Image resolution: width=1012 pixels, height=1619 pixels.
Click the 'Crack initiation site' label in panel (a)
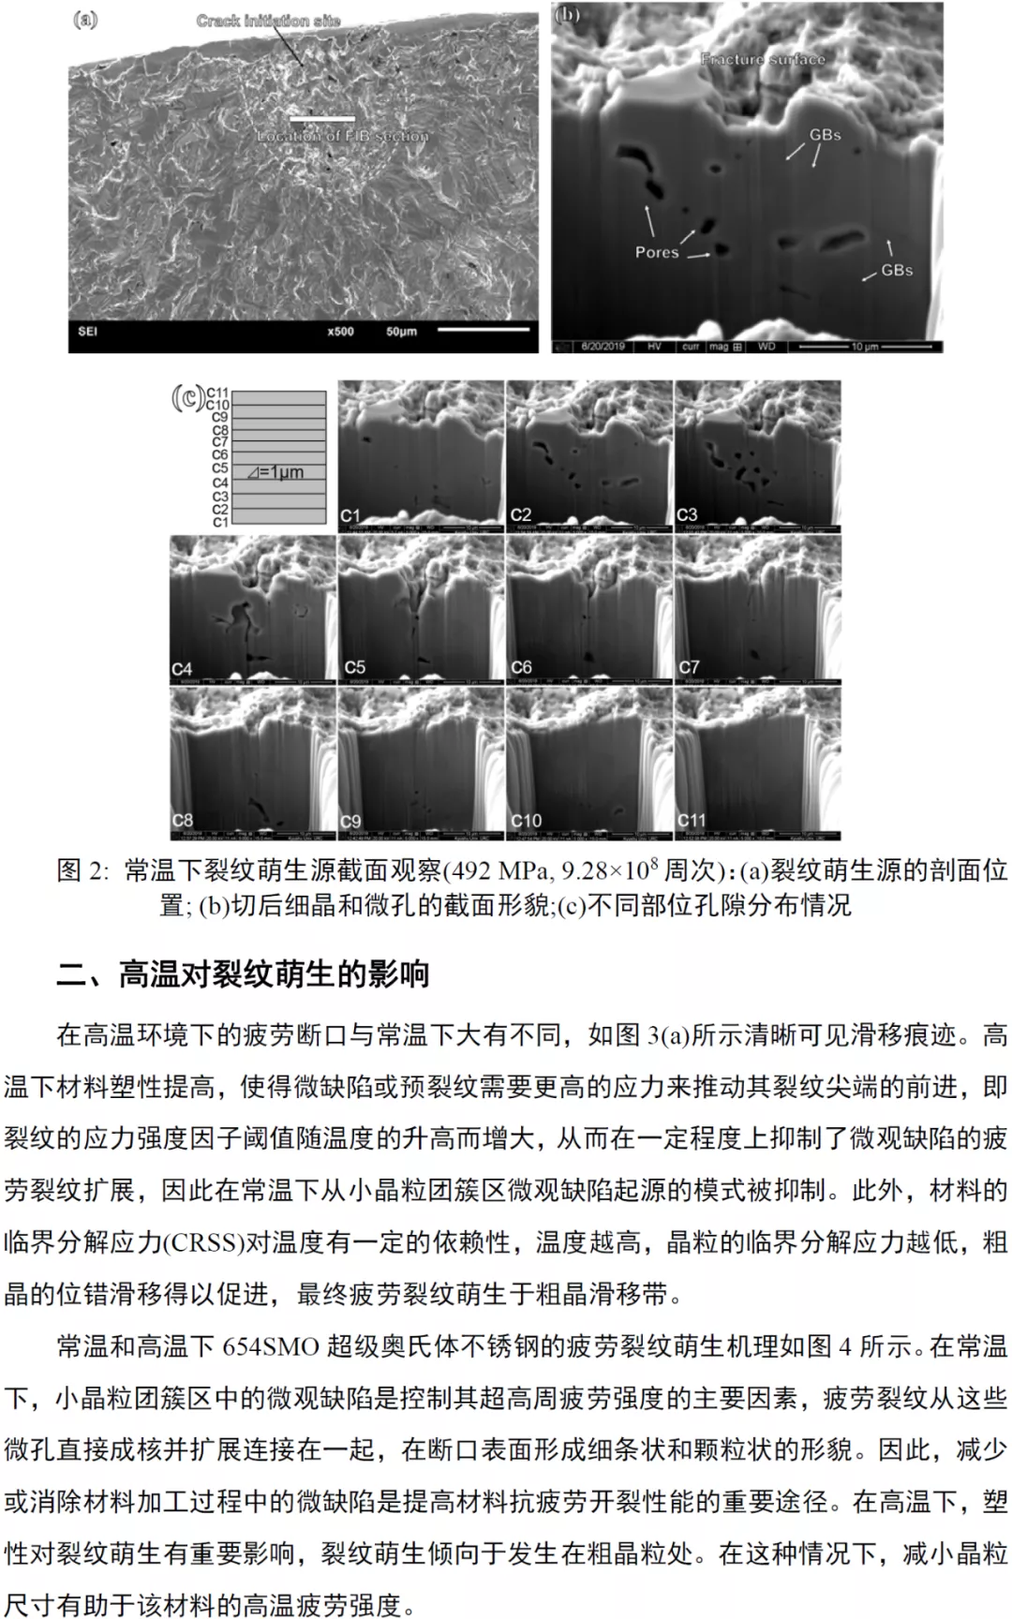tap(268, 21)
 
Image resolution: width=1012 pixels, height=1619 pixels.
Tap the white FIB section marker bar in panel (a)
tap(322, 119)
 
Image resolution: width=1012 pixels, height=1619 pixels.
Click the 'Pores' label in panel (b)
tap(656, 252)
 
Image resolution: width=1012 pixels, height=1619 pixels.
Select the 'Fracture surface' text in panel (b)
tap(763, 59)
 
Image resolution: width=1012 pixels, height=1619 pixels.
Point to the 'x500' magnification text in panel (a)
tap(340, 332)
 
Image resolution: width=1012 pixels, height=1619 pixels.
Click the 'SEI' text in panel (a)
tap(87, 332)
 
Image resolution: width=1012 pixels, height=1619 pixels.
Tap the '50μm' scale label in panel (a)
tap(401, 332)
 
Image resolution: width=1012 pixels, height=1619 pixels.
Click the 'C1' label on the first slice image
tap(350, 515)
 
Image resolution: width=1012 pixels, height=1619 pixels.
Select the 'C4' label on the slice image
tap(182, 669)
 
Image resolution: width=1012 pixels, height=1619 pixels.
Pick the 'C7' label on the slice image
tap(689, 668)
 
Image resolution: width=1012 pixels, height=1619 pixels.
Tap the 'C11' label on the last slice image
tap(692, 821)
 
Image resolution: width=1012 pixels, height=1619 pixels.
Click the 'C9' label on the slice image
tap(350, 822)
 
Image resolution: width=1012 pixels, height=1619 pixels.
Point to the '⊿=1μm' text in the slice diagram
tap(275, 472)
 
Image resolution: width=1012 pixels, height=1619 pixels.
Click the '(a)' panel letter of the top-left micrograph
tap(84, 20)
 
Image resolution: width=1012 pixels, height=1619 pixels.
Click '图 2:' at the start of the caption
tap(82, 870)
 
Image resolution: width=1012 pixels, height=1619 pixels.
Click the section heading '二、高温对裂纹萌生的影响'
tap(244, 974)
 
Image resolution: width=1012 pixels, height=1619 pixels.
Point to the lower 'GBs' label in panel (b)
tap(896, 270)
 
